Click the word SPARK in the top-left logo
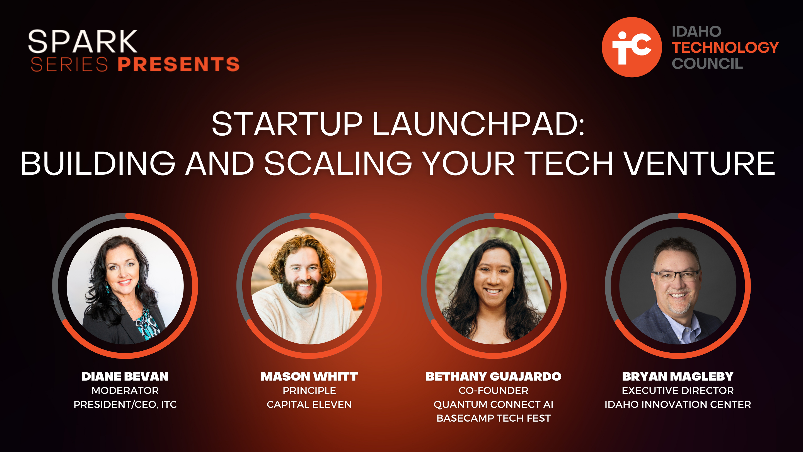[x=83, y=41]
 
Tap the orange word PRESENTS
[x=179, y=64]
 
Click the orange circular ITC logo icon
[x=632, y=47]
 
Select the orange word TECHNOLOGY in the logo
[x=725, y=47]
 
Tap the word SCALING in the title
[x=338, y=163]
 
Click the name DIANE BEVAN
[x=125, y=376]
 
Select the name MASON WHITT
[x=309, y=376]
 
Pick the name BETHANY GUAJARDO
[x=494, y=376]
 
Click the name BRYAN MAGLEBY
[x=678, y=376]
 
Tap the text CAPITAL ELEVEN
[x=309, y=404]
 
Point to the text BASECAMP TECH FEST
[x=494, y=418]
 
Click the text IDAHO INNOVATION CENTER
[x=678, y=404]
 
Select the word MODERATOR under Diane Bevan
[x=125, y=390]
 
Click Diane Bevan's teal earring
[x=108, y=288]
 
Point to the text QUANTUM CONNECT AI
[x=494, y=404]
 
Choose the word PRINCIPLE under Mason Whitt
[x=309, y=390]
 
